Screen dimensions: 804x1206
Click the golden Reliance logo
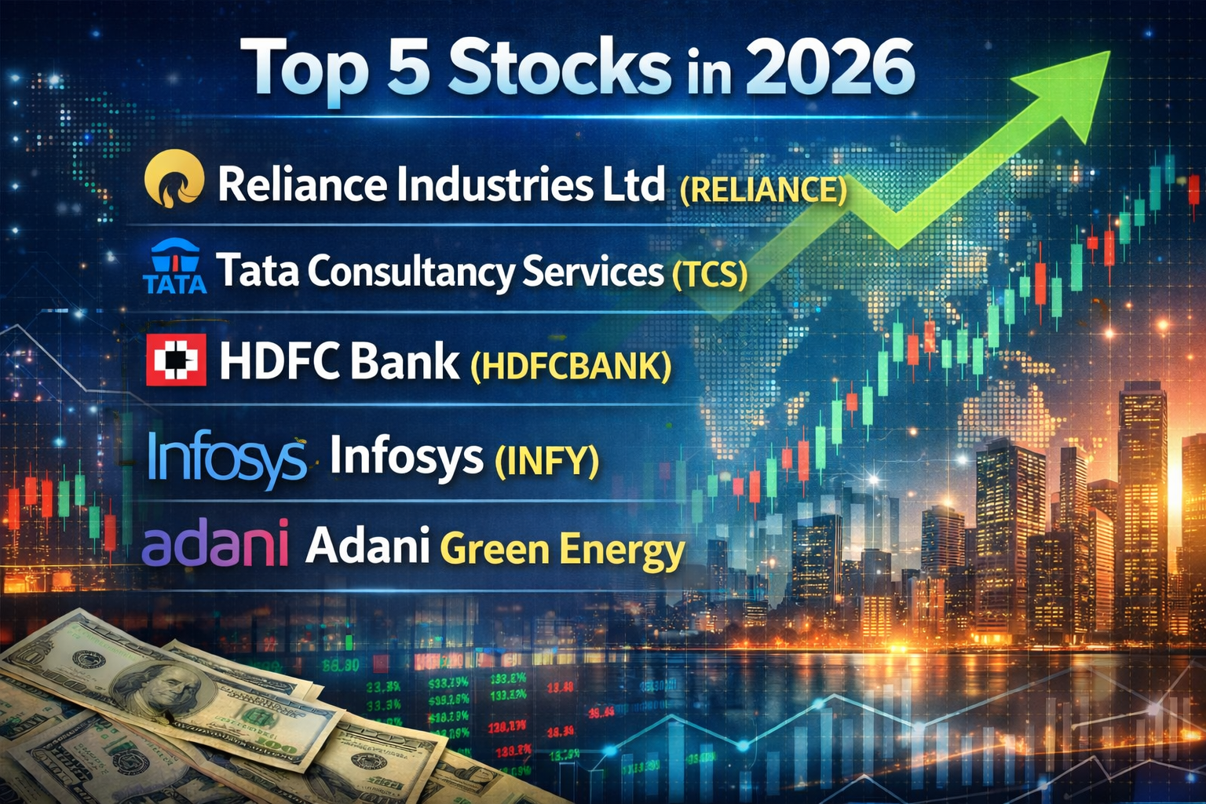[174, 181]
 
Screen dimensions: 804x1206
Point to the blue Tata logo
[174, 267]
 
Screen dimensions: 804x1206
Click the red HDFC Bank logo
[176, 360]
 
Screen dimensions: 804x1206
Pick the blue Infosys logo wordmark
[227, 458]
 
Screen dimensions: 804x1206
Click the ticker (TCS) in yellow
[710, 275]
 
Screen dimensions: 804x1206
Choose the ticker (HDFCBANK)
[571, 366]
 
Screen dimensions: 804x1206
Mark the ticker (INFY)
[546, 460]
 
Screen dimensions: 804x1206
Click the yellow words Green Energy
[562, 550]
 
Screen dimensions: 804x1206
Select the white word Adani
[367, 546]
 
